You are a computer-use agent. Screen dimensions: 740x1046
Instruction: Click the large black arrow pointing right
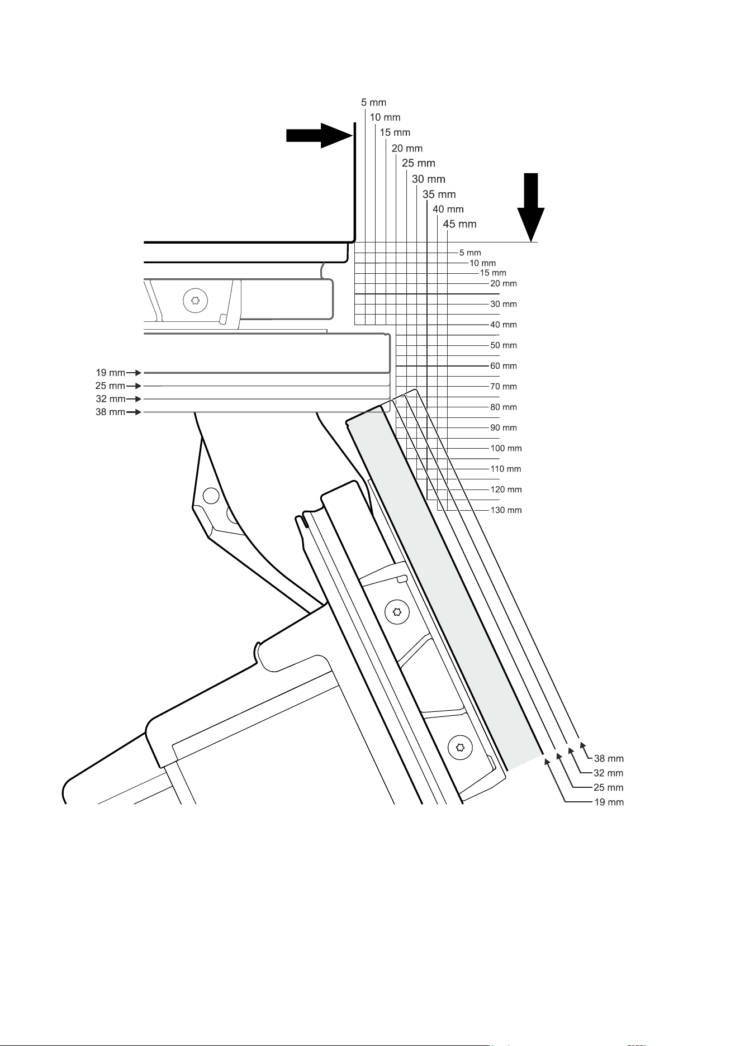point(319,136)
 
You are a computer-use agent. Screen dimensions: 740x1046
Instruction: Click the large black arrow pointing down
point(530,207)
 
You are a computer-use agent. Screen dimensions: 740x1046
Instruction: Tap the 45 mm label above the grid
point(459,224)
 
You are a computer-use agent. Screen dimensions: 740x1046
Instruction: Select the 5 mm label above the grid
point(373,103)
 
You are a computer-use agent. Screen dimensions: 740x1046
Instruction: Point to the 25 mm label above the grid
point(419,163)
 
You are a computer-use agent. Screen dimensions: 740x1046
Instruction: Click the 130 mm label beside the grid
point(506,510)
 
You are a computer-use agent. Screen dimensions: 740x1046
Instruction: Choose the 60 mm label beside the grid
point(504,366)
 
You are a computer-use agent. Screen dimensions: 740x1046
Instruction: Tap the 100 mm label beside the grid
point(506,448)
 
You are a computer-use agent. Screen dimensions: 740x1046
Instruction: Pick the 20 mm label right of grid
point(504,283)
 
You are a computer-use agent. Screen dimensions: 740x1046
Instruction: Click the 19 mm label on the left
point(110,372)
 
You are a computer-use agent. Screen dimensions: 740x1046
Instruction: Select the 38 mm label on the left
point(110,412)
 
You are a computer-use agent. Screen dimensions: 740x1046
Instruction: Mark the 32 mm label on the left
point(110,399)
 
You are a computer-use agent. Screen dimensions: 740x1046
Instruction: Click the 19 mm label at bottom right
point(609,802)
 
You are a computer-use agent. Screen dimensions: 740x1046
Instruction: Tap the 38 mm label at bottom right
point(609,759)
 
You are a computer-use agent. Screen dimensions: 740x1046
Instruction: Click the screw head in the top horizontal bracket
point(195,301)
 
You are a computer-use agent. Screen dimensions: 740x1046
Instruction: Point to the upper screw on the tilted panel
point(397,612)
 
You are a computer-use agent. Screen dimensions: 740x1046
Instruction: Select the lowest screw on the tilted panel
point(460,747)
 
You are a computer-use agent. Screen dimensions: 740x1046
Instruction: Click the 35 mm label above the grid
point(439,194)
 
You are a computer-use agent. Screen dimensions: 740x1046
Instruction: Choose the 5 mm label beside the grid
point(470,253)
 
